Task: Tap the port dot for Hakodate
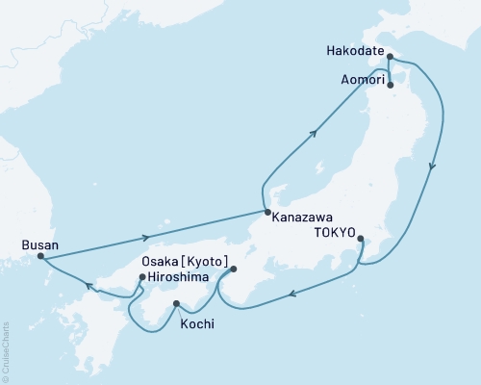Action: pyautogui.click(x=389, y=57)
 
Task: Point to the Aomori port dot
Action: pyautogui.click(x=390, y=84)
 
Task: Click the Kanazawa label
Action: pyautogui.click(x=303, y=218)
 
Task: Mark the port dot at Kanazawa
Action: pyautogui.click(x=266, y=212)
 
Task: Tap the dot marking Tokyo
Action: pyautogui.click(x=360, y=238)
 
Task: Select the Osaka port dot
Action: pyautogui.click(x=233, y=270)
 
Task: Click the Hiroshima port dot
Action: pyautogui.click(x=141, y=278)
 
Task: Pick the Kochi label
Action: pyautogui.click(x=196, y=325)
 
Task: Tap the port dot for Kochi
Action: pyautogui.click(x=176, y=305)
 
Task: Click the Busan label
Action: pyautogui.click(x=38, y=244)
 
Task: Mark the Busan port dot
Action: pyautogui.click(x=40, y=256)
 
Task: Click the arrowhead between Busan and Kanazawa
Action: pyautogui.click(x=145, y=237)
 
